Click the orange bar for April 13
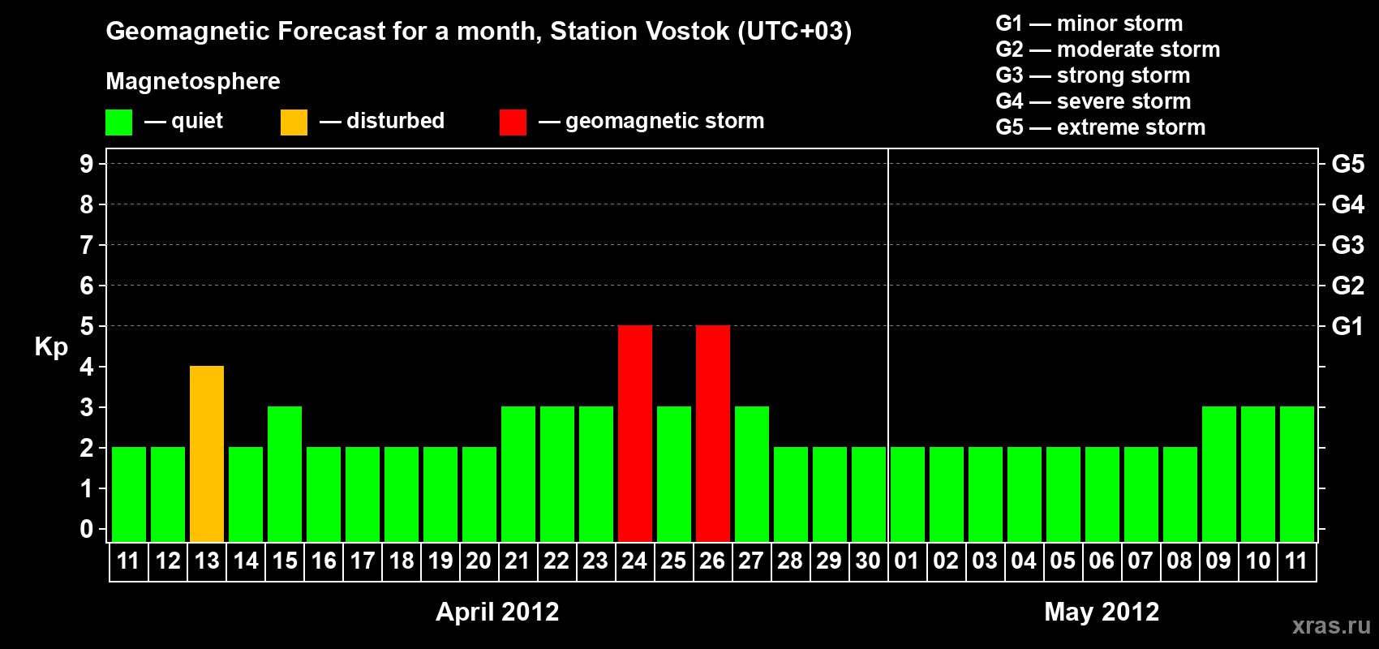tap(207, 453)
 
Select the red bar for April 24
tap(635, 433)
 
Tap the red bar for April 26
tap(713, 433)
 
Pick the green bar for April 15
tap(285, 474)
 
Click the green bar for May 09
tap(1219, 474)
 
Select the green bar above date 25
tap(674, 474)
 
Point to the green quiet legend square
tap(118, 122)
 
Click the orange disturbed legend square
tap(294, 122)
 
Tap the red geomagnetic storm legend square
tap(513, 122)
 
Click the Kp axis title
tap(51, 347)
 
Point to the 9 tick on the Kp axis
tap(86, 165)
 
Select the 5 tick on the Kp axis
tap(86, 326)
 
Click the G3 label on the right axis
tap(1348, 245)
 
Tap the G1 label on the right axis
tap(1347, 326)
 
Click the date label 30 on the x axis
tap(868, 561)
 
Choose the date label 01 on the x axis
tap(907, 561)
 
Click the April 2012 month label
tap(497, 612)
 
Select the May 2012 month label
tap(1102, 612)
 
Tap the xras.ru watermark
tap(1331, 626)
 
